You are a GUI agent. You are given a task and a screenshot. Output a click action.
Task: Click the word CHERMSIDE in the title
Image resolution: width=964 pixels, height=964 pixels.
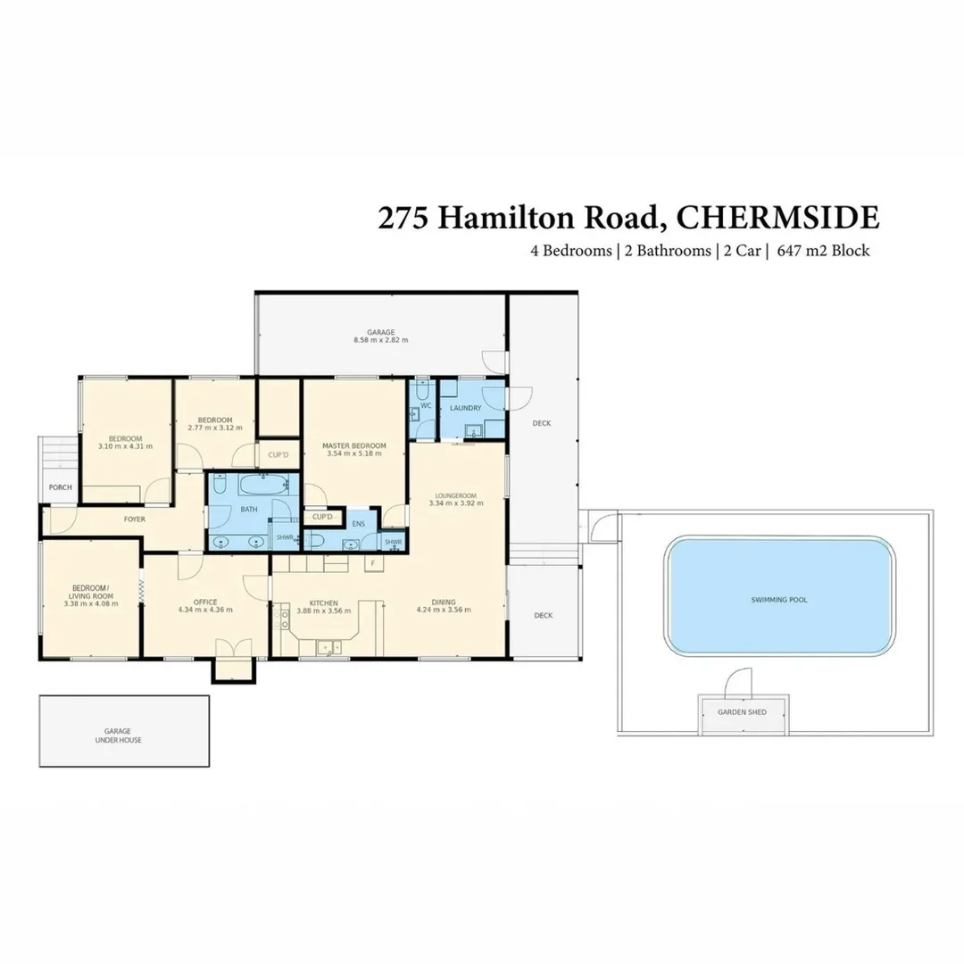[x=777, y=217]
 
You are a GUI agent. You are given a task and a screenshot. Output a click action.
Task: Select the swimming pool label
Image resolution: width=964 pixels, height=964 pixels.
[x=778, y=600]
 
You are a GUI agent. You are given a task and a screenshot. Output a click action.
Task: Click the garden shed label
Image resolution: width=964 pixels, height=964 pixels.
[x=743, y=713]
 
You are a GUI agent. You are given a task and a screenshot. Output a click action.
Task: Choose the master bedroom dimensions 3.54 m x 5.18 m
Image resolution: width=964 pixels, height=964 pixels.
[x=354, y=454]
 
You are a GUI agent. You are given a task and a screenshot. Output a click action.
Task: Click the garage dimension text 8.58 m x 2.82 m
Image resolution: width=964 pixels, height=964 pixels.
[x=380, y=340]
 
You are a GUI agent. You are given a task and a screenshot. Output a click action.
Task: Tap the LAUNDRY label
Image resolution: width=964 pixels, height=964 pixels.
[x=466, y=408]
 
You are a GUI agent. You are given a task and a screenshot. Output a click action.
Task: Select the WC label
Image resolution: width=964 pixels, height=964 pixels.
[x=426, y=405]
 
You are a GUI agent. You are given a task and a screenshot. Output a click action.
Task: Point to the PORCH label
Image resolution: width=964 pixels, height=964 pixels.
[x=61, y=487]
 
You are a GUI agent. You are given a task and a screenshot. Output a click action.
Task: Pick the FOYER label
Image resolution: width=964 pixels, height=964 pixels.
[x=135, y=519]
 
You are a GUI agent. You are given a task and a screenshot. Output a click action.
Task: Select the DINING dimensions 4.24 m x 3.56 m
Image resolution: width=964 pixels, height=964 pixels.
[x=444, y=611]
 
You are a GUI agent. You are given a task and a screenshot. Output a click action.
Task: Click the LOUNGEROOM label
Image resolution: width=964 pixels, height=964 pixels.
[x=455, y=494]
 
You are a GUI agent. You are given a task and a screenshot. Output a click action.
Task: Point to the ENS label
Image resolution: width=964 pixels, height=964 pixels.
[x=359, y=524]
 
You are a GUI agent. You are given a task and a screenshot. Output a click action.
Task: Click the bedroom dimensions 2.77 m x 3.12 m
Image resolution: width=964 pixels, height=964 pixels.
[x=215, y=428]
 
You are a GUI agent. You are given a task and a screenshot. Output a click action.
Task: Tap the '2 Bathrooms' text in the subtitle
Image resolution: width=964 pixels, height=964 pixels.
[x=665, y=251]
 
